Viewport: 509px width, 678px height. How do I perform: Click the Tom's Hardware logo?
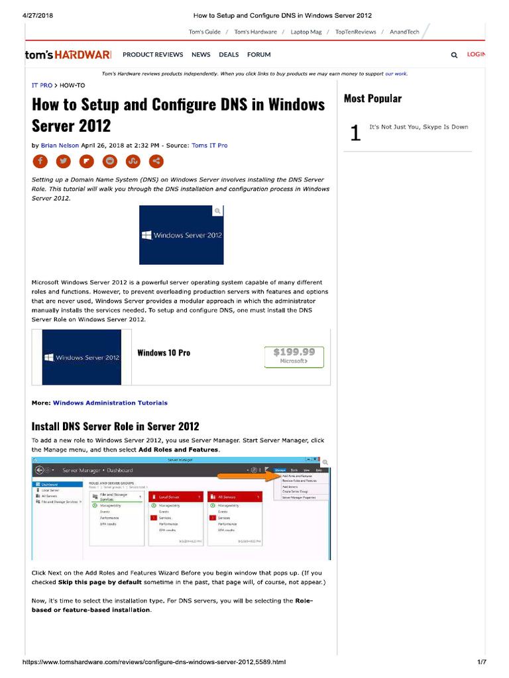coord(68,55)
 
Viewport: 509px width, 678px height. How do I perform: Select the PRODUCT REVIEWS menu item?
coord(152,55)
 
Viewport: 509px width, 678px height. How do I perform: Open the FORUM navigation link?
coord(259,55)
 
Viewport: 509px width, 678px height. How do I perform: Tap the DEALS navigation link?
coord(229,55)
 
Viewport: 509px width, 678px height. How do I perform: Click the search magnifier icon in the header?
coord(454,56)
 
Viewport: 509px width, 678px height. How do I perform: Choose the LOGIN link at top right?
coord(476,55)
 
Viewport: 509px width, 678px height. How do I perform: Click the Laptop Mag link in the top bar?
coord(306,32)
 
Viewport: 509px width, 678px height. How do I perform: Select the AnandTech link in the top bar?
coord(404,32)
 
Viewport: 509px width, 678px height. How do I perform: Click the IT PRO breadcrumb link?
coord(42,85)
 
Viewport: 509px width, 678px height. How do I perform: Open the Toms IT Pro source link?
coord(209,145)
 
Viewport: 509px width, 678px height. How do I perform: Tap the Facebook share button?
coord(40,161)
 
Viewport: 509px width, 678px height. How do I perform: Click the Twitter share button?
coord(63,161)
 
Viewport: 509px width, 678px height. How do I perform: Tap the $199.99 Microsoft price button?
coord(294,356)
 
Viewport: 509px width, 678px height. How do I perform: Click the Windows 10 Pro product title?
coord(164,353)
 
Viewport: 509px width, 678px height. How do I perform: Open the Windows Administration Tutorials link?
coord(110,403)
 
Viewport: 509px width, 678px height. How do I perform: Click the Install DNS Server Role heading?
coord(115,426)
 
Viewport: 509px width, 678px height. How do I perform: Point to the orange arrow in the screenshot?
coord(245,475)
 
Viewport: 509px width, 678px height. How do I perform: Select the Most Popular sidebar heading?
coord(372,99)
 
